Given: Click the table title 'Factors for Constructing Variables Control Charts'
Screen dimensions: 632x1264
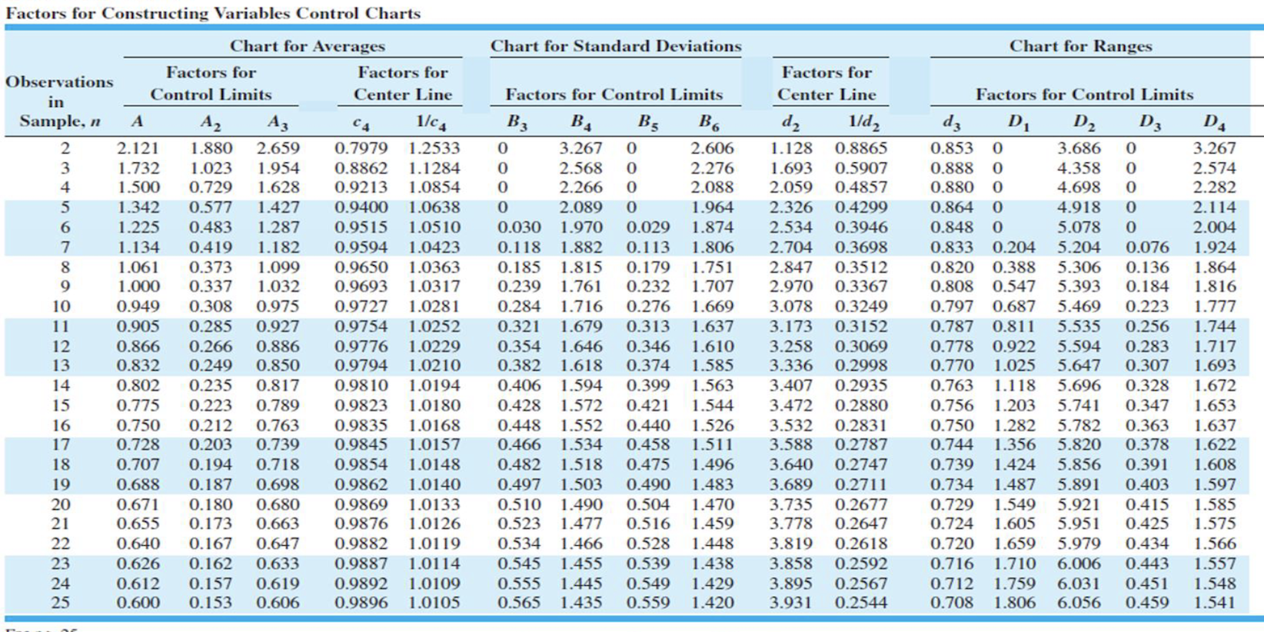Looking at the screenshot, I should click(213, 13).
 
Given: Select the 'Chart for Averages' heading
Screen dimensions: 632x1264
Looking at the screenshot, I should click(308, 46).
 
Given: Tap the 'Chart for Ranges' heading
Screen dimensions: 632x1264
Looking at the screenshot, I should click(1080, 46).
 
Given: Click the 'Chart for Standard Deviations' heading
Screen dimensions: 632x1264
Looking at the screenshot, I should click(616, 46).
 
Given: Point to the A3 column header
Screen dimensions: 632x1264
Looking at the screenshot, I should click(278, 121).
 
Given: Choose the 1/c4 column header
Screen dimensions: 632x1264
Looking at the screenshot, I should click(431, 121).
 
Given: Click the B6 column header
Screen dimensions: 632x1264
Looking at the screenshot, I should click(709, 121).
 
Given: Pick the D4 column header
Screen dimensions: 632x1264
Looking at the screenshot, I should click(1214, 121).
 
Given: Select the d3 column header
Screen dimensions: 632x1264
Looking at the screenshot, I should click(950, 121).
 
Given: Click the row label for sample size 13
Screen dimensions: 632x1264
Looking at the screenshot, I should click(61, 365).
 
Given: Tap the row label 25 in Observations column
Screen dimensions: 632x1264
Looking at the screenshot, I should click(61, 603).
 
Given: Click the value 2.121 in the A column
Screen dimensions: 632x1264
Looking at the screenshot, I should click(138, 148).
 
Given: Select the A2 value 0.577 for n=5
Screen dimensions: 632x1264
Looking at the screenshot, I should click(210, 207).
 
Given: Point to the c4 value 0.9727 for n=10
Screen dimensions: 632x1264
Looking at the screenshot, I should click(361, 306).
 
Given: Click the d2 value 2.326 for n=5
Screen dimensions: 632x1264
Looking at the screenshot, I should click(791, 207).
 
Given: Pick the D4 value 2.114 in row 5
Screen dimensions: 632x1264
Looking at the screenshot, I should click(1214, 207).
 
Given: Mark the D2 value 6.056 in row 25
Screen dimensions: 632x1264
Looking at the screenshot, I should click(1079, 603).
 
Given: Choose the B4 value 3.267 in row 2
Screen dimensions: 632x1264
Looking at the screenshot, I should click(580, 148).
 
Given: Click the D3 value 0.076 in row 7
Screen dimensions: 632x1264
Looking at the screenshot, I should click(1147, 247).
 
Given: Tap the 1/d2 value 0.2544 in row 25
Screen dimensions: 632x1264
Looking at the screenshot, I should click(861, 603).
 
